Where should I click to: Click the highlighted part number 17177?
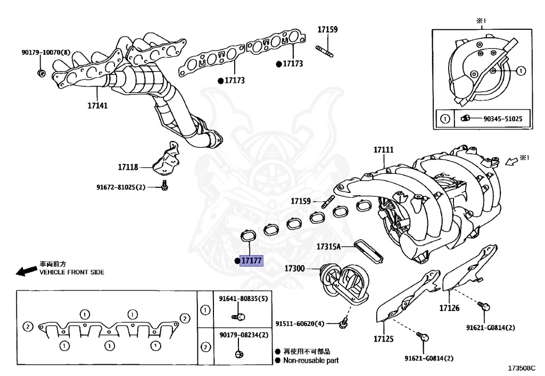pos(251,261)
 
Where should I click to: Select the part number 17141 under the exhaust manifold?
pos(97,106)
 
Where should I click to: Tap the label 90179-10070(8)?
pos(46,53)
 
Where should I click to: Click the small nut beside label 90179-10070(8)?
pos(42,72)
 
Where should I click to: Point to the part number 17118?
pos(128,167)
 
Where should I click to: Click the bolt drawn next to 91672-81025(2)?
pos(164,186)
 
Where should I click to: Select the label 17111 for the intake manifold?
pos(383,150)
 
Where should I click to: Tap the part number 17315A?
pos(328,246)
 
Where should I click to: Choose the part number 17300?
pos(294,269)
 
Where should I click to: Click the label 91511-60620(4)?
pos(300,323)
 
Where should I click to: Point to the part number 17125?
pos(383,338)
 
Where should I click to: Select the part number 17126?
pos(449,308)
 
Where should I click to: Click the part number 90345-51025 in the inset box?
pos(506,119)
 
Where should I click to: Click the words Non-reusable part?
pos(310,360)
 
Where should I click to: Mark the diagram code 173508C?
pos(522,367)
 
